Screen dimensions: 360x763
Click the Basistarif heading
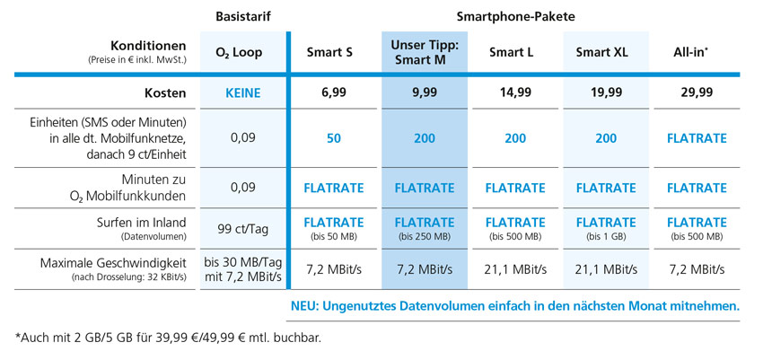(x=243, y=17)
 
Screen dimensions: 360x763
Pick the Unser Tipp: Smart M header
(x=425, y=52)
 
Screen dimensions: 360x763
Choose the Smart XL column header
(x=601, y=52)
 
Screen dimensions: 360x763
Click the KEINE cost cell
(x=242, y=92)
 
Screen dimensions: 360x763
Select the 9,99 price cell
(x=425, y=92)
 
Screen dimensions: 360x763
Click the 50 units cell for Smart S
(x=334, y=138)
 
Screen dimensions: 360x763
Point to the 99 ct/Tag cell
(x=242, y=228)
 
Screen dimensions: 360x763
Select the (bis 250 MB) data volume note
(x=425, y=236)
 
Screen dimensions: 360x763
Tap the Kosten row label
(x=165, y=92)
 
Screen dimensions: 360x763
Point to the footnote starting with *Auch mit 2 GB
(x=168, y=338)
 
